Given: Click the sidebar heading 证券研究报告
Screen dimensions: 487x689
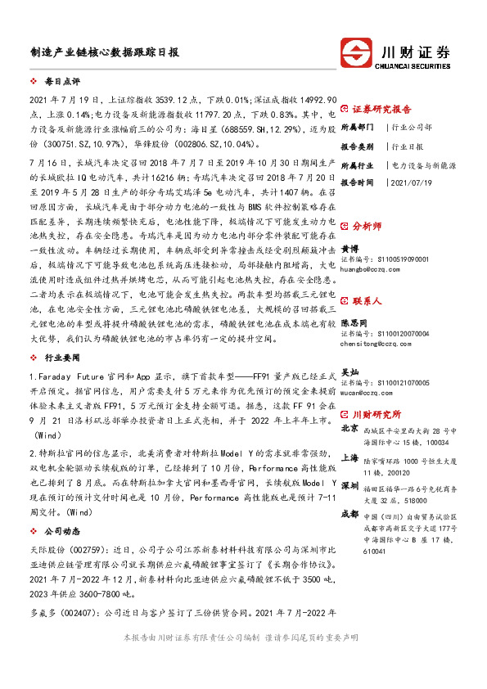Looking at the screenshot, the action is [x=381, y=109].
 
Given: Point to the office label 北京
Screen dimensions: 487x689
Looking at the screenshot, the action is [x=349, y=428].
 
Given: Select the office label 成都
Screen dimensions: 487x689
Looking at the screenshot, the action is [x=349, y=513].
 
